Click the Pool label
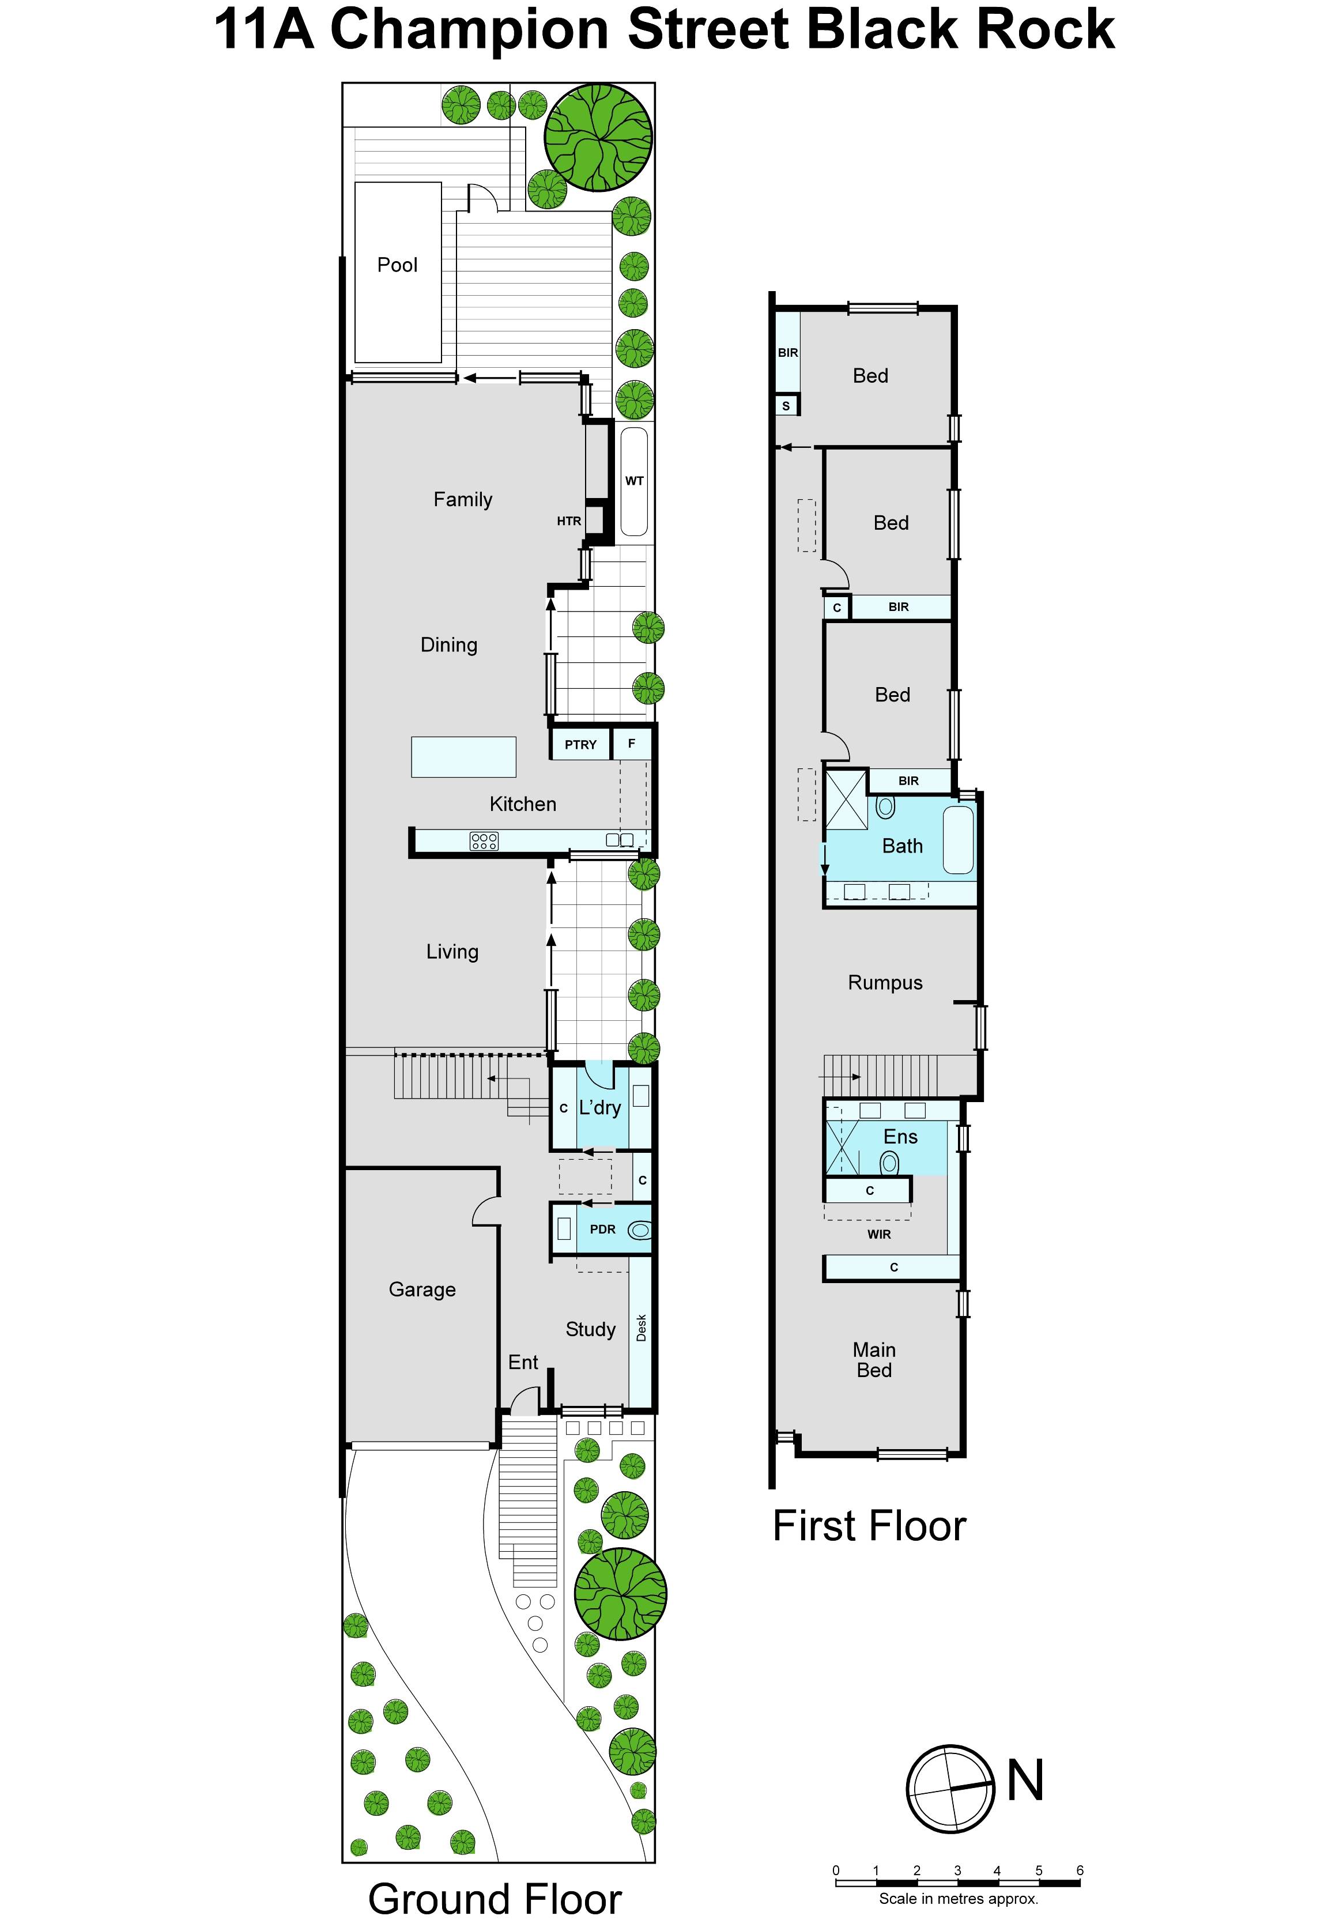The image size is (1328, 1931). pos(397,265)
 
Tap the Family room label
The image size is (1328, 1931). pos(463,499)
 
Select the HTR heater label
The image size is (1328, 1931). pos(569,521)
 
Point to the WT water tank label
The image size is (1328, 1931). pos(634,480)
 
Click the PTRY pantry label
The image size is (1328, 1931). pos(581,745)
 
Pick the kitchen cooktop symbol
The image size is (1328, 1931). pos(484,841)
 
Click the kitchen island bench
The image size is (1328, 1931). pos(463,757)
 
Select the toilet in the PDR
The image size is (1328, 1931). pos(639,1229)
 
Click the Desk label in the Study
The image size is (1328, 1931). pos(641,1328)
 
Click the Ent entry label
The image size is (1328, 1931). pos(523,1362)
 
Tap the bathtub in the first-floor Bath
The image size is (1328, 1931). pos(959,839)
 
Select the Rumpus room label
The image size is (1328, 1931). pos(885,983)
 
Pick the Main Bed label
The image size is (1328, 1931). pos(874,1360)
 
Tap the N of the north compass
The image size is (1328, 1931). pos(1025,1781)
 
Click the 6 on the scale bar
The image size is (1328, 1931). pos(1080,1870)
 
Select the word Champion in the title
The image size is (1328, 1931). pos(471,30)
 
